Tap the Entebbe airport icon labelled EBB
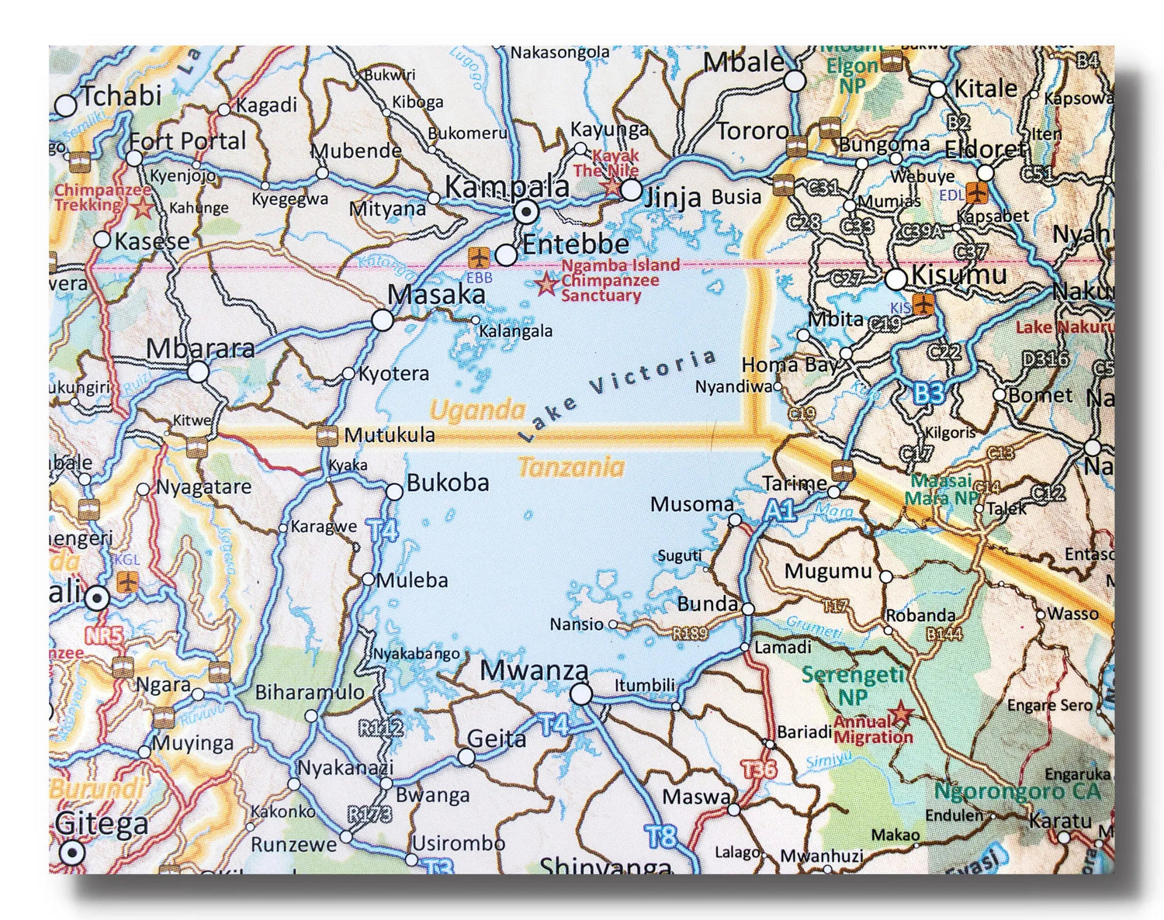click(479, 256)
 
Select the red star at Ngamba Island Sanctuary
click(547, 285)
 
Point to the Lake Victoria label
click(618, 395)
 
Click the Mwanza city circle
click(580, 693)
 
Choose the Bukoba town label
click(448, 482)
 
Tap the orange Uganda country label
click(477, 410)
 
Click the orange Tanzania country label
click(571, 467)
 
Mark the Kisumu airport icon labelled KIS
click(923, 303)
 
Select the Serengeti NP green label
click(853, 685)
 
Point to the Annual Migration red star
click(901, 713)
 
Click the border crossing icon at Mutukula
click(327, 436)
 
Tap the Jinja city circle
click(632, 190)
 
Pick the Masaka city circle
click(382, 320)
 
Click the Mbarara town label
click(200, 349)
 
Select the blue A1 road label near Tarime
click(781, 510)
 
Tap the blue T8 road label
click(661, 836)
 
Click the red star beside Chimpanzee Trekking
click(142, 208)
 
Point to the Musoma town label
click(691, 504)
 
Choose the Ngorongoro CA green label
click(1017, 791)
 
